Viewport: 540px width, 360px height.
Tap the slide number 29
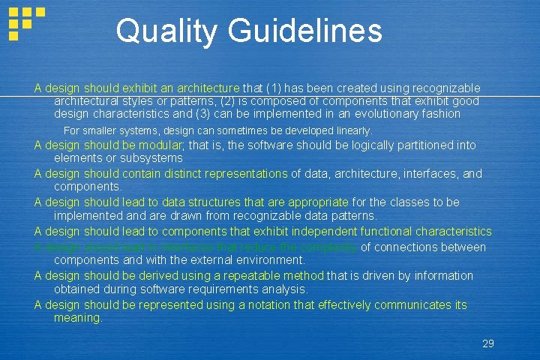pyautogui.click(x=487, y=343)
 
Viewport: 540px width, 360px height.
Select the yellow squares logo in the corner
pyautogui.click(x=25, y=22)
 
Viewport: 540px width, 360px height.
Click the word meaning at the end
pyautogui.click(x=77, y=318)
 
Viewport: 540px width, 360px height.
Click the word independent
pyautogui.click(x=325, y=231)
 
